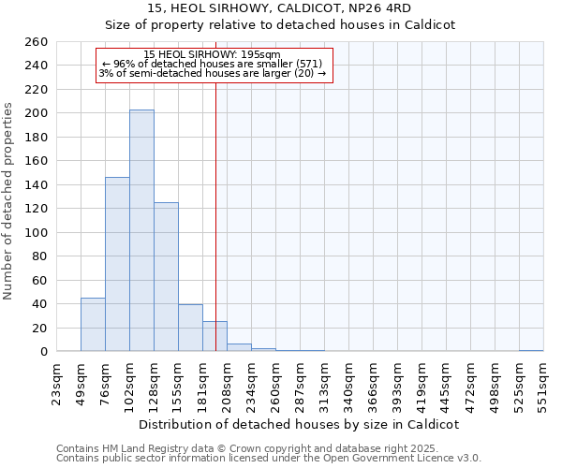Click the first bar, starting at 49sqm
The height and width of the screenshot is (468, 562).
93,324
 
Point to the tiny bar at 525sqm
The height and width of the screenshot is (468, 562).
531,350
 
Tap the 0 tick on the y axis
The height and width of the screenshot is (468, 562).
43,352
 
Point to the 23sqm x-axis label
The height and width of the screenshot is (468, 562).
56,382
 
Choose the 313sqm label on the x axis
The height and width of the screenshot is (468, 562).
324,382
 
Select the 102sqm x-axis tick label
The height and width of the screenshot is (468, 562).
129,382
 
